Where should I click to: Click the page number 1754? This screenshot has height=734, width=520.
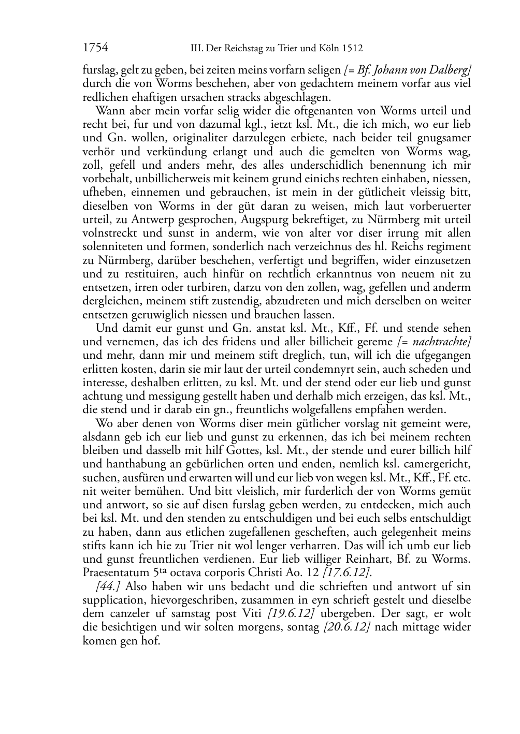(x=95, y=48)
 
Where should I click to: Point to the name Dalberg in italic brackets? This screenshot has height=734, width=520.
(x=450, y=70)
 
